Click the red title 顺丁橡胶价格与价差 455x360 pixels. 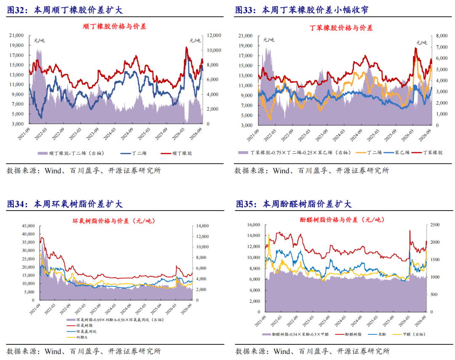(x=114, y=27)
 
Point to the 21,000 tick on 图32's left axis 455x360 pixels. (x=16, y=35)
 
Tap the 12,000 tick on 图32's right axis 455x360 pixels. (x=214, y=35)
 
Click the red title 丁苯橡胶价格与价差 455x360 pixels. (x=341, y=28)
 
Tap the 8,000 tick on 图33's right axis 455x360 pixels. (x=442, y=36)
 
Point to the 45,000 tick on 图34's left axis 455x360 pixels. (x=29, y=226)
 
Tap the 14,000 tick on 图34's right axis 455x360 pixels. (x=203, y=226)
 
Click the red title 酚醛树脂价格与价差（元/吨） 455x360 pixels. (x=342, y=220)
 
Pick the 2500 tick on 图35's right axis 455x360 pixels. (x=435, y=225)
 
